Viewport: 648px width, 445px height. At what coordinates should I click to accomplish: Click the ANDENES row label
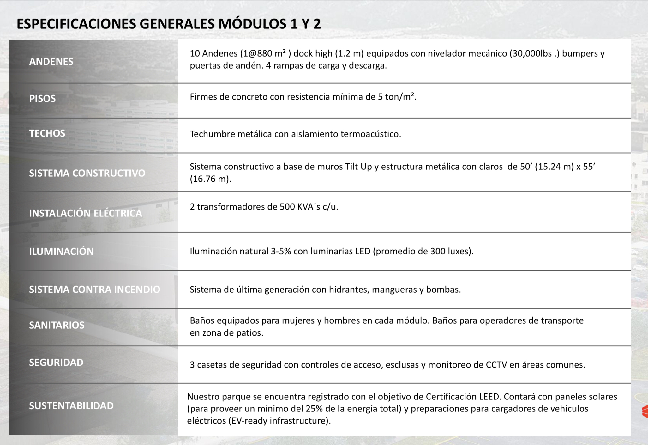click(x=51, y=62)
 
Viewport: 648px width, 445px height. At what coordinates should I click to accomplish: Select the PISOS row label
click(x=42, y=99)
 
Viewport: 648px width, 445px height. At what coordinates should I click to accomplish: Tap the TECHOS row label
click(x=47, y=133)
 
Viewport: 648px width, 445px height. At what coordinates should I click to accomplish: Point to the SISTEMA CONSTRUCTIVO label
click(x=87, y=173)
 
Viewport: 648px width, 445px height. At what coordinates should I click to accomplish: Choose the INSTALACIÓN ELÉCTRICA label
click(x=86, y=213)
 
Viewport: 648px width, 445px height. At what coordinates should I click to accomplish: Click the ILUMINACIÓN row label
click(x=61, y=252)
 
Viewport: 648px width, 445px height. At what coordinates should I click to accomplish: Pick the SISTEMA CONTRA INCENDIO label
click(x=94, y=290)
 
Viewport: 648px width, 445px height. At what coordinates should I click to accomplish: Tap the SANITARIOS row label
click(x=57, y=325)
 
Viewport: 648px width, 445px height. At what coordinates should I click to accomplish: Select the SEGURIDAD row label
click(x=56, y=363)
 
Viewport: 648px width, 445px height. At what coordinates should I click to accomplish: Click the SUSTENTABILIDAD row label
click(x=71, y=406)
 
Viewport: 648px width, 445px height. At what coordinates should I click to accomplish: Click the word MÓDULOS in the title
click(x=252, y=24)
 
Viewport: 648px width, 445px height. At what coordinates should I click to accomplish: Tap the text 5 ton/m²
click(x=397, y=97)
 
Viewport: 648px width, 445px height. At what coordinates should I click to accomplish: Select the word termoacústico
click(x=370, y=134)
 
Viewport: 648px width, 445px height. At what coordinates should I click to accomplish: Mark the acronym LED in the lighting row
click(x=363, y=252)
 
